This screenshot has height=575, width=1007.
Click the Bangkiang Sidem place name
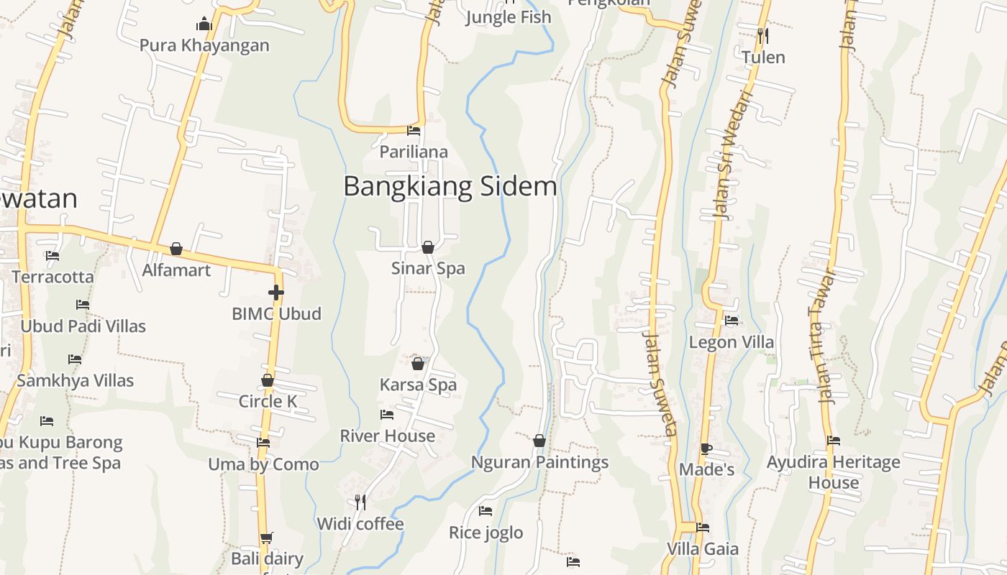(x=450, y=186)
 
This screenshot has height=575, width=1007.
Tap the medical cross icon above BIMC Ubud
(x=275, y=293)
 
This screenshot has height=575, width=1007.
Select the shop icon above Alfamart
(x=176, y=249)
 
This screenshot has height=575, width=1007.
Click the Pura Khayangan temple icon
(x=204, y=24)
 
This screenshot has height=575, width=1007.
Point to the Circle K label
(x=268, y=401)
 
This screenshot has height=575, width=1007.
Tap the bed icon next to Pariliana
(x=414, y=131)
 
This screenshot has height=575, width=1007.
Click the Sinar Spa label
(x=428, y=268)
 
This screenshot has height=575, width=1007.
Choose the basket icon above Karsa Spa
(x=418, y=364)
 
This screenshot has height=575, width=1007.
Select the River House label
(x=387, y=436)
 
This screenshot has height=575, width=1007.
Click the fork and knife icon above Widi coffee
(x=360, y=502)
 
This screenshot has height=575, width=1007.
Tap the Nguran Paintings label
(x=539, y=462)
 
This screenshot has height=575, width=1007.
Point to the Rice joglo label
(x=486, y=533)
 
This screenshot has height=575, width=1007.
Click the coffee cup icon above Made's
(x=706, y=449)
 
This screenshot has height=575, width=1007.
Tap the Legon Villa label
(x=732, y=342)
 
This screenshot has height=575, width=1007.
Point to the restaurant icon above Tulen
(x=762, y=34)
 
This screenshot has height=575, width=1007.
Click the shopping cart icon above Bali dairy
(x=267, y=538)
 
